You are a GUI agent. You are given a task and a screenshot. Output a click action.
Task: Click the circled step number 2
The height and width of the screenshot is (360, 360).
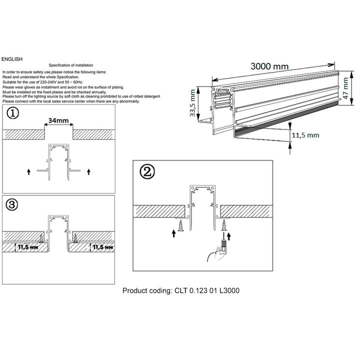pyautogui.click(x=146, y=172)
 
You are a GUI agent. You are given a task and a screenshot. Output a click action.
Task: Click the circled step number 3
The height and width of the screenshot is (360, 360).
pyautogui.click(x=13, y=204)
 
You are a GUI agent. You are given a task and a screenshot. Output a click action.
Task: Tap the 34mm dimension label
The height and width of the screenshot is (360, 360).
pyautogui.click(x=59, y=120)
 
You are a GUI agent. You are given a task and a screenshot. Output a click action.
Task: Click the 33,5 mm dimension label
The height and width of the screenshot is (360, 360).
pyautogui.click(x=193, y=103)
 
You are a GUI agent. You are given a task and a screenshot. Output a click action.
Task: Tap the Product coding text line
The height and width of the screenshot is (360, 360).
pyautogui.click(x=183, y=290)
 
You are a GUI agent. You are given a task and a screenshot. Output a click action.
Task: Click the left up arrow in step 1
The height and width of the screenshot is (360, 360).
pyautogui.click(x=29, y=171)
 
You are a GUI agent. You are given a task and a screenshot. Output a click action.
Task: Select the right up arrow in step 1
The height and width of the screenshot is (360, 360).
pyautogui.click(x=88, y=171)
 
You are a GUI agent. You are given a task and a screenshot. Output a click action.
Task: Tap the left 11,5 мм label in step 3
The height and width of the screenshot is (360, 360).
pyautogui.click(x=26, y=247)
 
